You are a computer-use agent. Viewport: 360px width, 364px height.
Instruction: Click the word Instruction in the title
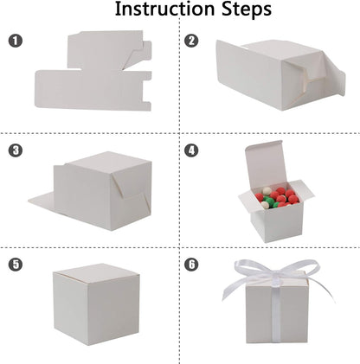tap(164, 11)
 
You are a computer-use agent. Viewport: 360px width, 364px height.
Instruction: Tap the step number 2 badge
tap(192, 41)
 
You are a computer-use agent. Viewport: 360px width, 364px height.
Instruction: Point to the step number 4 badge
tap(192, 150)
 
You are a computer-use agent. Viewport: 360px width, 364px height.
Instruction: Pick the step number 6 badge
tap(192, 263)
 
